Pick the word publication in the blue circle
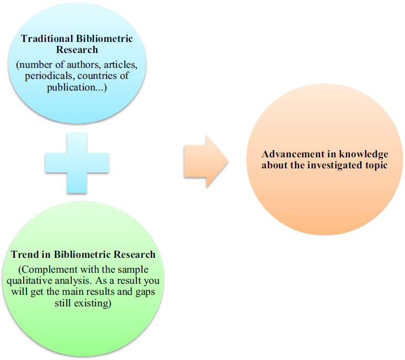tap(66, 87)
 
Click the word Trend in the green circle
tap(24, 255)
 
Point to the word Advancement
tap(292, 154)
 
